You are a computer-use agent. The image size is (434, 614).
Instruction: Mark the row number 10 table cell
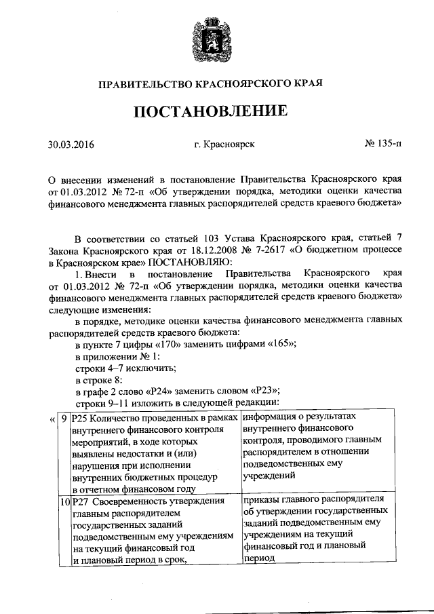64,501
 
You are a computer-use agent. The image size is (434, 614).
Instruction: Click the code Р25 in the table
79,419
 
